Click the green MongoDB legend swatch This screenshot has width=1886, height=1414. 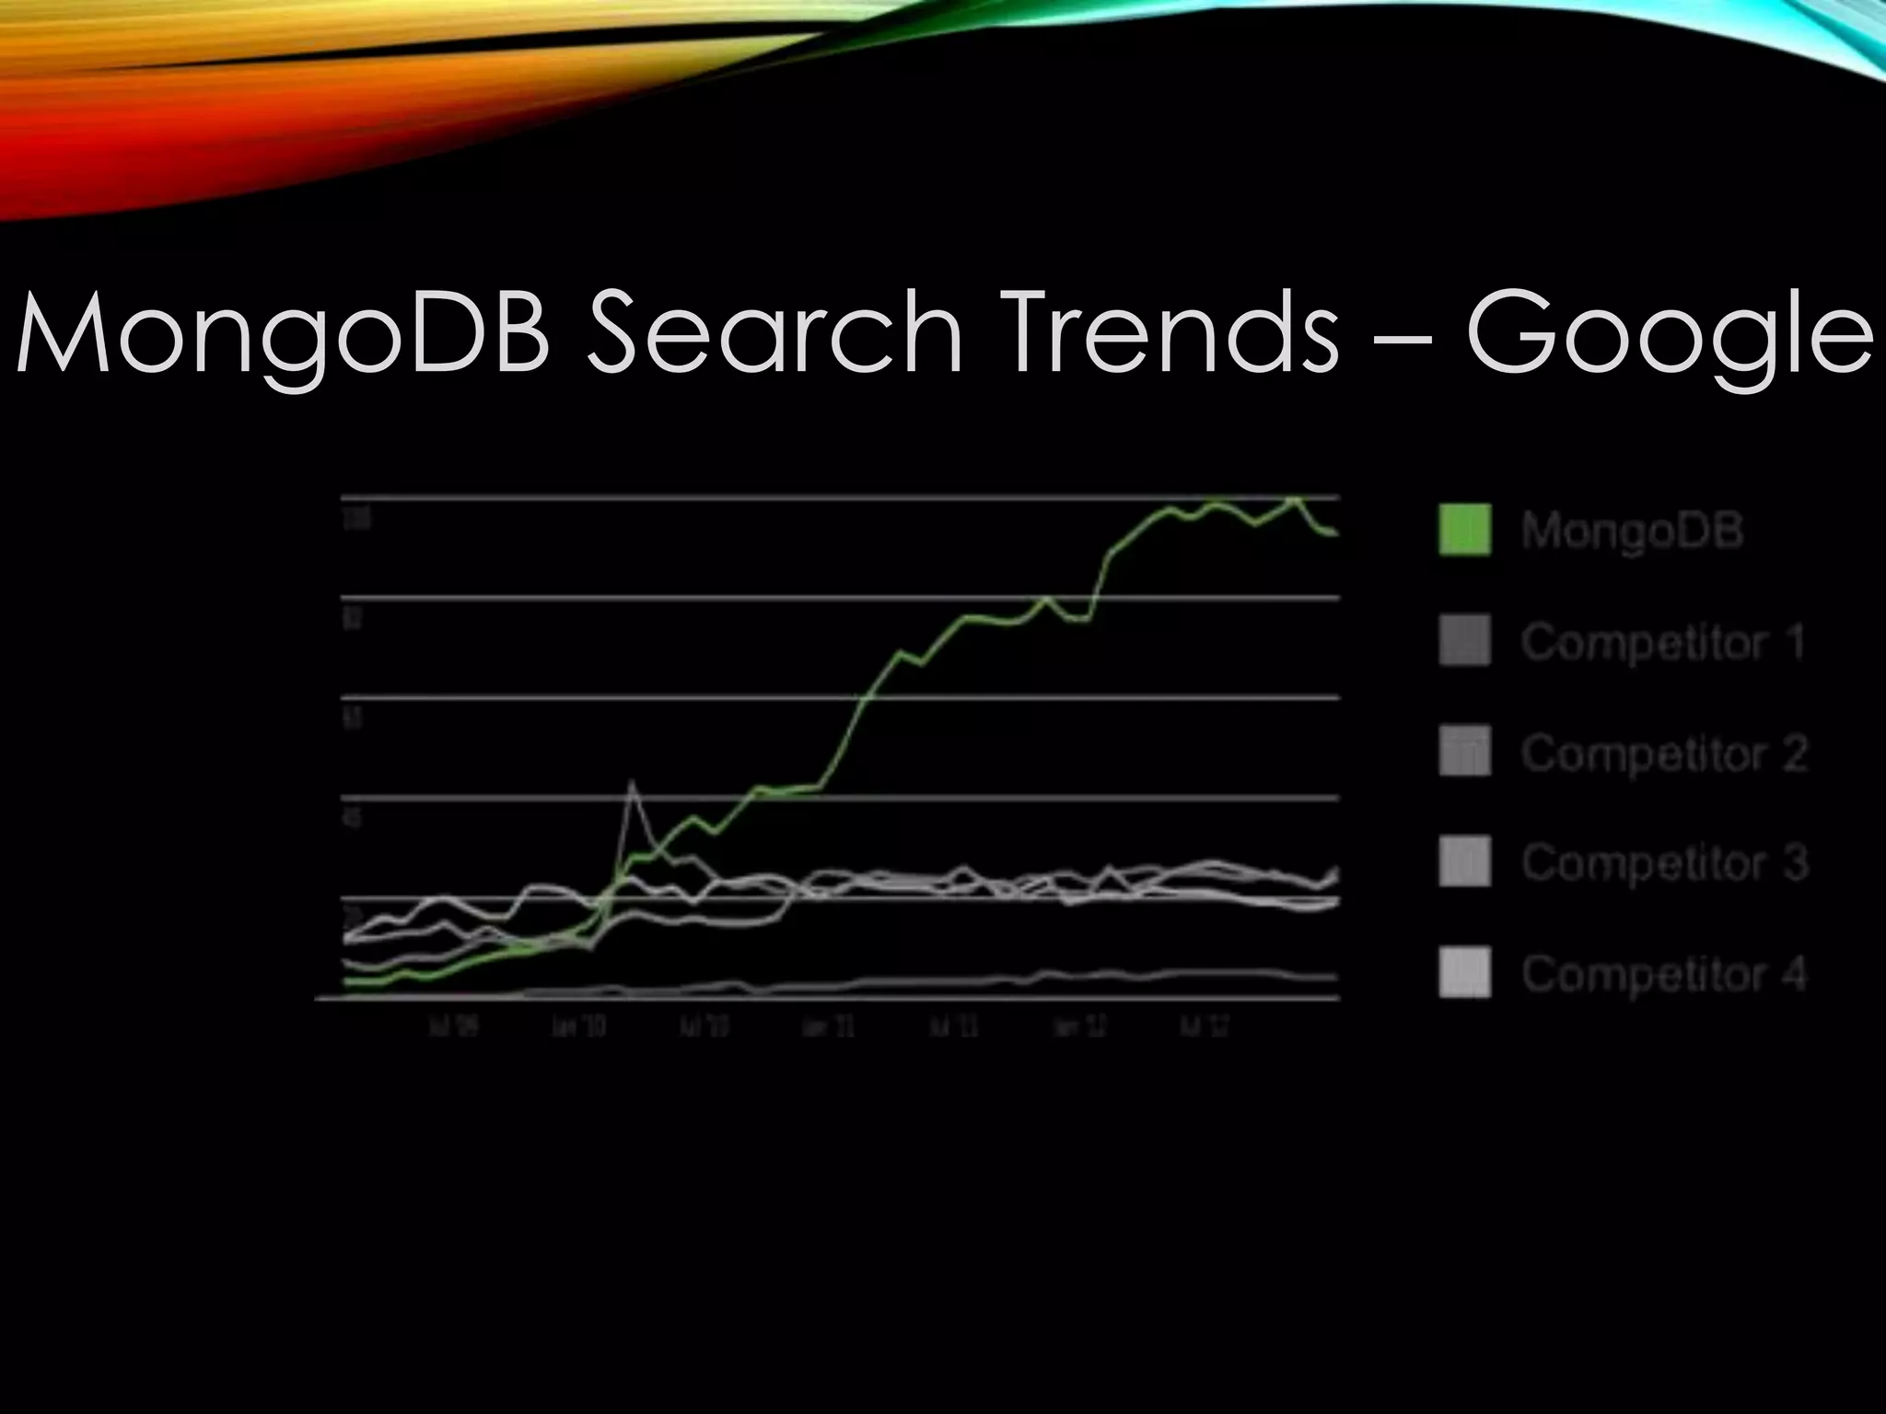coord(1464,529)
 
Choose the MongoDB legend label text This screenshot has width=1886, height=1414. coord(1632,531)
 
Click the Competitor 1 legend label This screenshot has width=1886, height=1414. coord(1663,643)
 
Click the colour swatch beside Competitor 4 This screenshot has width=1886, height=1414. coord(1464,972)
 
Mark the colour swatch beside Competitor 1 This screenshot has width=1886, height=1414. coord(1464,641)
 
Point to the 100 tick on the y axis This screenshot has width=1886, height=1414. coord(355,519)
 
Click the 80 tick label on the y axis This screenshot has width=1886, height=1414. coord(352,619)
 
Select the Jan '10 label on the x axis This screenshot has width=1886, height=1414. coord(579,1026)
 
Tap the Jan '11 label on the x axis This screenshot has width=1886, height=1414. coord(829,1026)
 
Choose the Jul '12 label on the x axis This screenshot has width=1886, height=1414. coord(1205,1026)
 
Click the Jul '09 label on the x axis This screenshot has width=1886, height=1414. coord(454,1026)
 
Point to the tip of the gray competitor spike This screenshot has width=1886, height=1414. coord(632,782)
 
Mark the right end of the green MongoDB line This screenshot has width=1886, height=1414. coord(1335,534)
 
